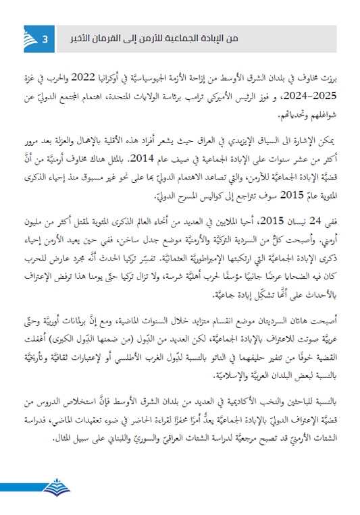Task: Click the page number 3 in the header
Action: click(x=44, y=38)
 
